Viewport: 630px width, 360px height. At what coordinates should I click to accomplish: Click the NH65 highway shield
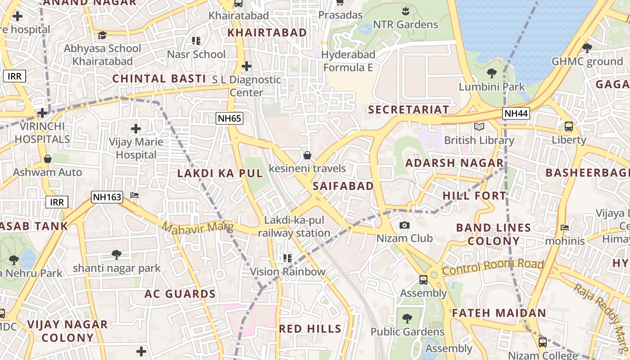pos(229,119)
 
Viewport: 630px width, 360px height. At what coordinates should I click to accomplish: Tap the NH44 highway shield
pos(516,113)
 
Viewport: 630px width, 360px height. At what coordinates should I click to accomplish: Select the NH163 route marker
pos(107,197)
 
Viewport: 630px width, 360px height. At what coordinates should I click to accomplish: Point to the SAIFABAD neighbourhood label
pos(343,186)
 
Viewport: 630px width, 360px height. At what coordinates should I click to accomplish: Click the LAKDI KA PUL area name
pos(220,173)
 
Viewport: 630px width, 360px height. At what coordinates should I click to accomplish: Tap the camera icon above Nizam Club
pos(405,225)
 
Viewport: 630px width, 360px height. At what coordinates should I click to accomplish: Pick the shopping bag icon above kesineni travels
pos(307,155)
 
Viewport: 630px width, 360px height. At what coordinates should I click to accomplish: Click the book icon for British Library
pos(479,127)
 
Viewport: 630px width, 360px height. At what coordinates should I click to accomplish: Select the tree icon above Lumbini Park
pos(491,73)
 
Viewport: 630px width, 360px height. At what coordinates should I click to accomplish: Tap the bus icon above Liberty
pos(569,126)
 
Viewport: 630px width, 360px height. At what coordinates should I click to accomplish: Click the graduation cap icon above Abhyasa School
pos(103,35)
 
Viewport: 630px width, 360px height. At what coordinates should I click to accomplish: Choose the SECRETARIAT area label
pos(408,109)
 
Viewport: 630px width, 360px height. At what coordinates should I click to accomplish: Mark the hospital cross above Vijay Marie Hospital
pos(135,129)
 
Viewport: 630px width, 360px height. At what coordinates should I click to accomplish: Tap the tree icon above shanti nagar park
pos(117,255)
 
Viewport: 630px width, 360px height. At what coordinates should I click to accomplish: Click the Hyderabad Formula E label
pos(349,61)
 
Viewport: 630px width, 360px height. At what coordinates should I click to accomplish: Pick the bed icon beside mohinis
pos(565,228)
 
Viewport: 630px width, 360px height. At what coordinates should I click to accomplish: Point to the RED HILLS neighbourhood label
pos(310,328)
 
